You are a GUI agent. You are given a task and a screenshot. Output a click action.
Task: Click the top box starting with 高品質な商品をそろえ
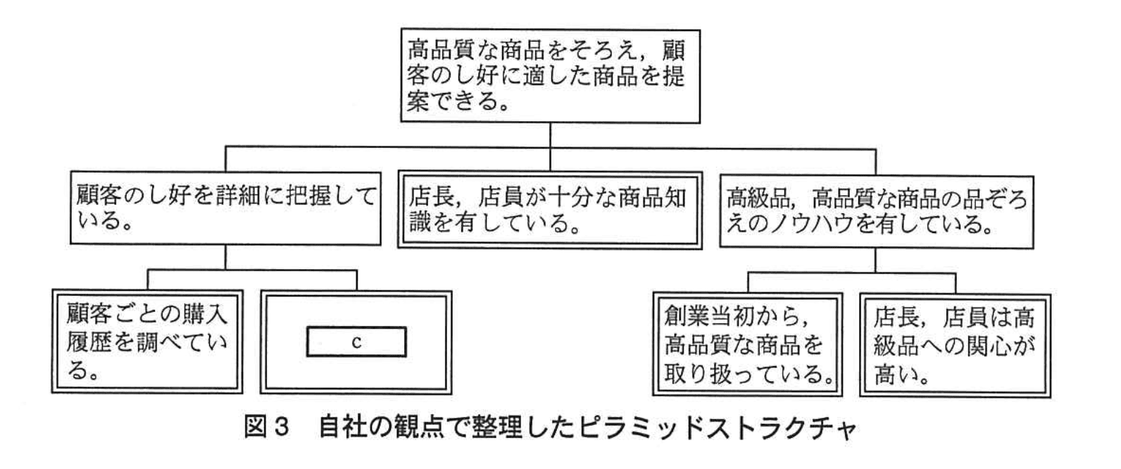[550, 75]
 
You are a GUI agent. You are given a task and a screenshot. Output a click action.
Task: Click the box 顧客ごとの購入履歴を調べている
[146, 340]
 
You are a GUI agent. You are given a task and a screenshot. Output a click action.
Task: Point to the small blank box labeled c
[356, 342]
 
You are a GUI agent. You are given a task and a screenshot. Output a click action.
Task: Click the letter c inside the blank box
[356, 343]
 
